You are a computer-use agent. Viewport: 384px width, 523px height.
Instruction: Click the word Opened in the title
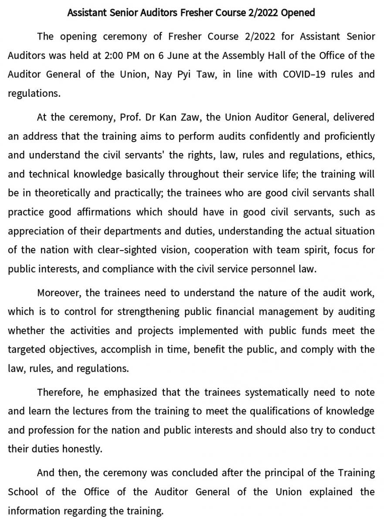tap(298, 13)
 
